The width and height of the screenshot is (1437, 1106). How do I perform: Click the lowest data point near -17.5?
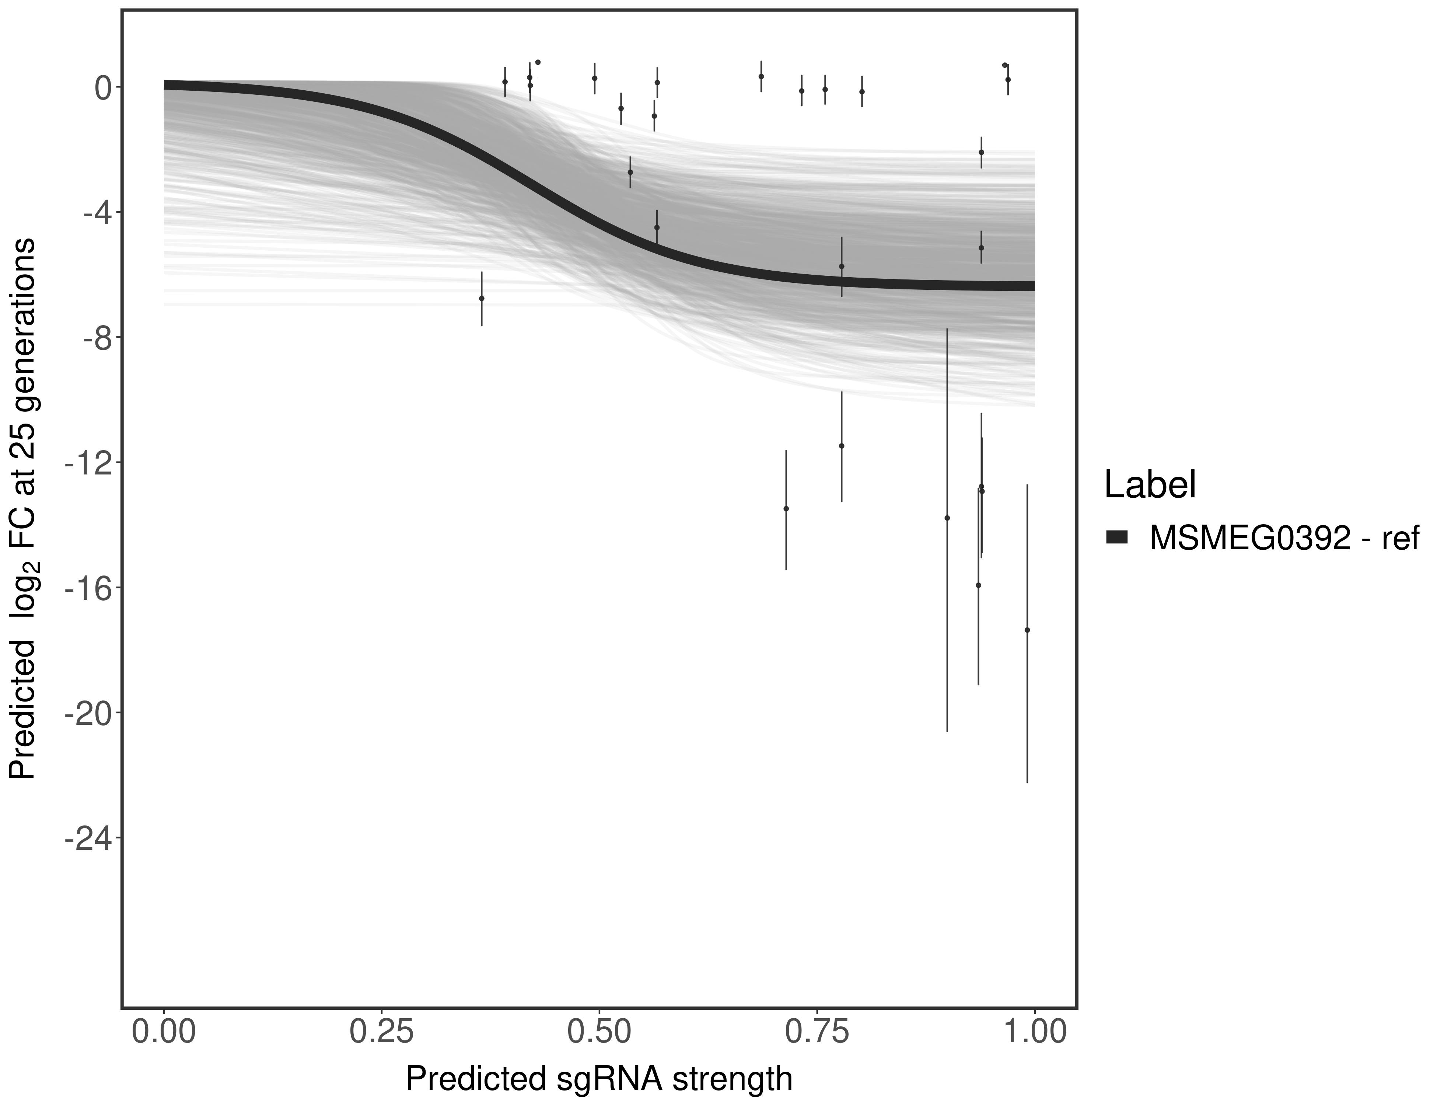pos(1027,630)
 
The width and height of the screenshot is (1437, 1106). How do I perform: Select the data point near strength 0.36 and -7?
pos(482,298)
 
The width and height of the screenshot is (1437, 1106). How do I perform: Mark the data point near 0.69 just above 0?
pos(761,76)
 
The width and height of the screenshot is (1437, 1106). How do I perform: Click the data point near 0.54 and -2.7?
pos(630,172)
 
